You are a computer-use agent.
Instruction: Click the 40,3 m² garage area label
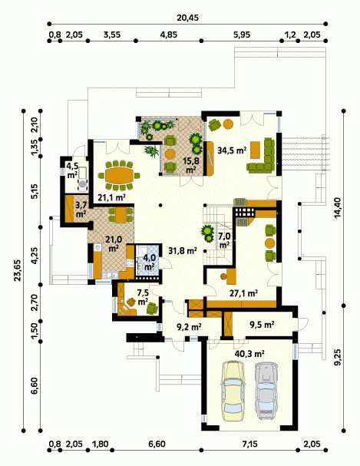point(249,354)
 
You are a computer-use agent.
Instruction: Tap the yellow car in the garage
point(233,390)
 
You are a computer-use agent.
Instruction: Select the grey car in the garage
point(267,391)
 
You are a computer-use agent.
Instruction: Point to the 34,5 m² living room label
point(232,150)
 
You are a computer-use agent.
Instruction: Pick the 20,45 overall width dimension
point(188,18)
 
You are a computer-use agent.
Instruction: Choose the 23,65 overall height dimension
point(17,270)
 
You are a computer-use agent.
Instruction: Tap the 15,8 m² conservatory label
point(191,164)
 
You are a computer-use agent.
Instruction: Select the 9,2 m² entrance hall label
point(189,327)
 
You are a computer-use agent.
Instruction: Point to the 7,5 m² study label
point(143,297)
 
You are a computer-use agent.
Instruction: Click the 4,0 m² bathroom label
point(148,262)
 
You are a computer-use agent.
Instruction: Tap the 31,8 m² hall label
point(183,251)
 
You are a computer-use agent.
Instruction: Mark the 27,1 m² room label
point(243,293)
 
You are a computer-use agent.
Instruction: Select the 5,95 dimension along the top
point(242,35)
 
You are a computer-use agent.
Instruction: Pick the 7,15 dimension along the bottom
point(249,445)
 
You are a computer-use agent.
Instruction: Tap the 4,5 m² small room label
point(72,170)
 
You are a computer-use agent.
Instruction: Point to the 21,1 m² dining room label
point(111,197)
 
